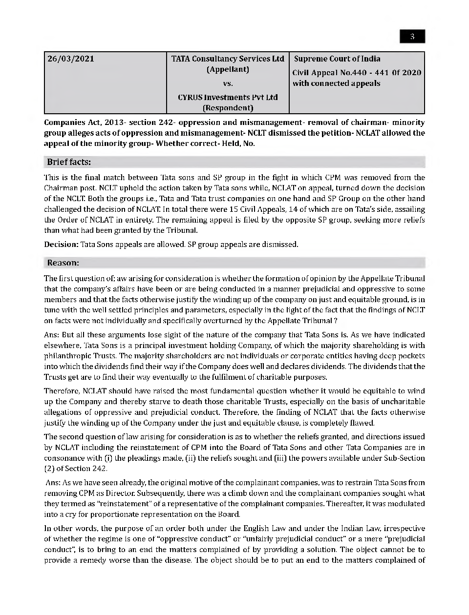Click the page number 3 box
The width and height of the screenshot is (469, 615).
(412, 37)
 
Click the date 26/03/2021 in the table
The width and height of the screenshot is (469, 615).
(71, 59)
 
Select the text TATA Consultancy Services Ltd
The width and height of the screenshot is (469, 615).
(228, 59)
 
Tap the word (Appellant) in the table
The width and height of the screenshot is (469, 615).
(228, 69)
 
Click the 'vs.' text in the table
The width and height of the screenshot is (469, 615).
(228, 83)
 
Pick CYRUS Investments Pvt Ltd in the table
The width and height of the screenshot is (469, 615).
(228, 97)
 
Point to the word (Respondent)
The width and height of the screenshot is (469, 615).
(228, 108)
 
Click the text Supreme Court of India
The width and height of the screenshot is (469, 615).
(337, 59)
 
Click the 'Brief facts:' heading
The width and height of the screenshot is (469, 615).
(69, 162)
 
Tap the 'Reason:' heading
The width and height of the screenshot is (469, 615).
(63, 263)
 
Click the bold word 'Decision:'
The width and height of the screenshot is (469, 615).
(61, 244)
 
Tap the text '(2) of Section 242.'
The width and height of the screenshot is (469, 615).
(75, 469)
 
